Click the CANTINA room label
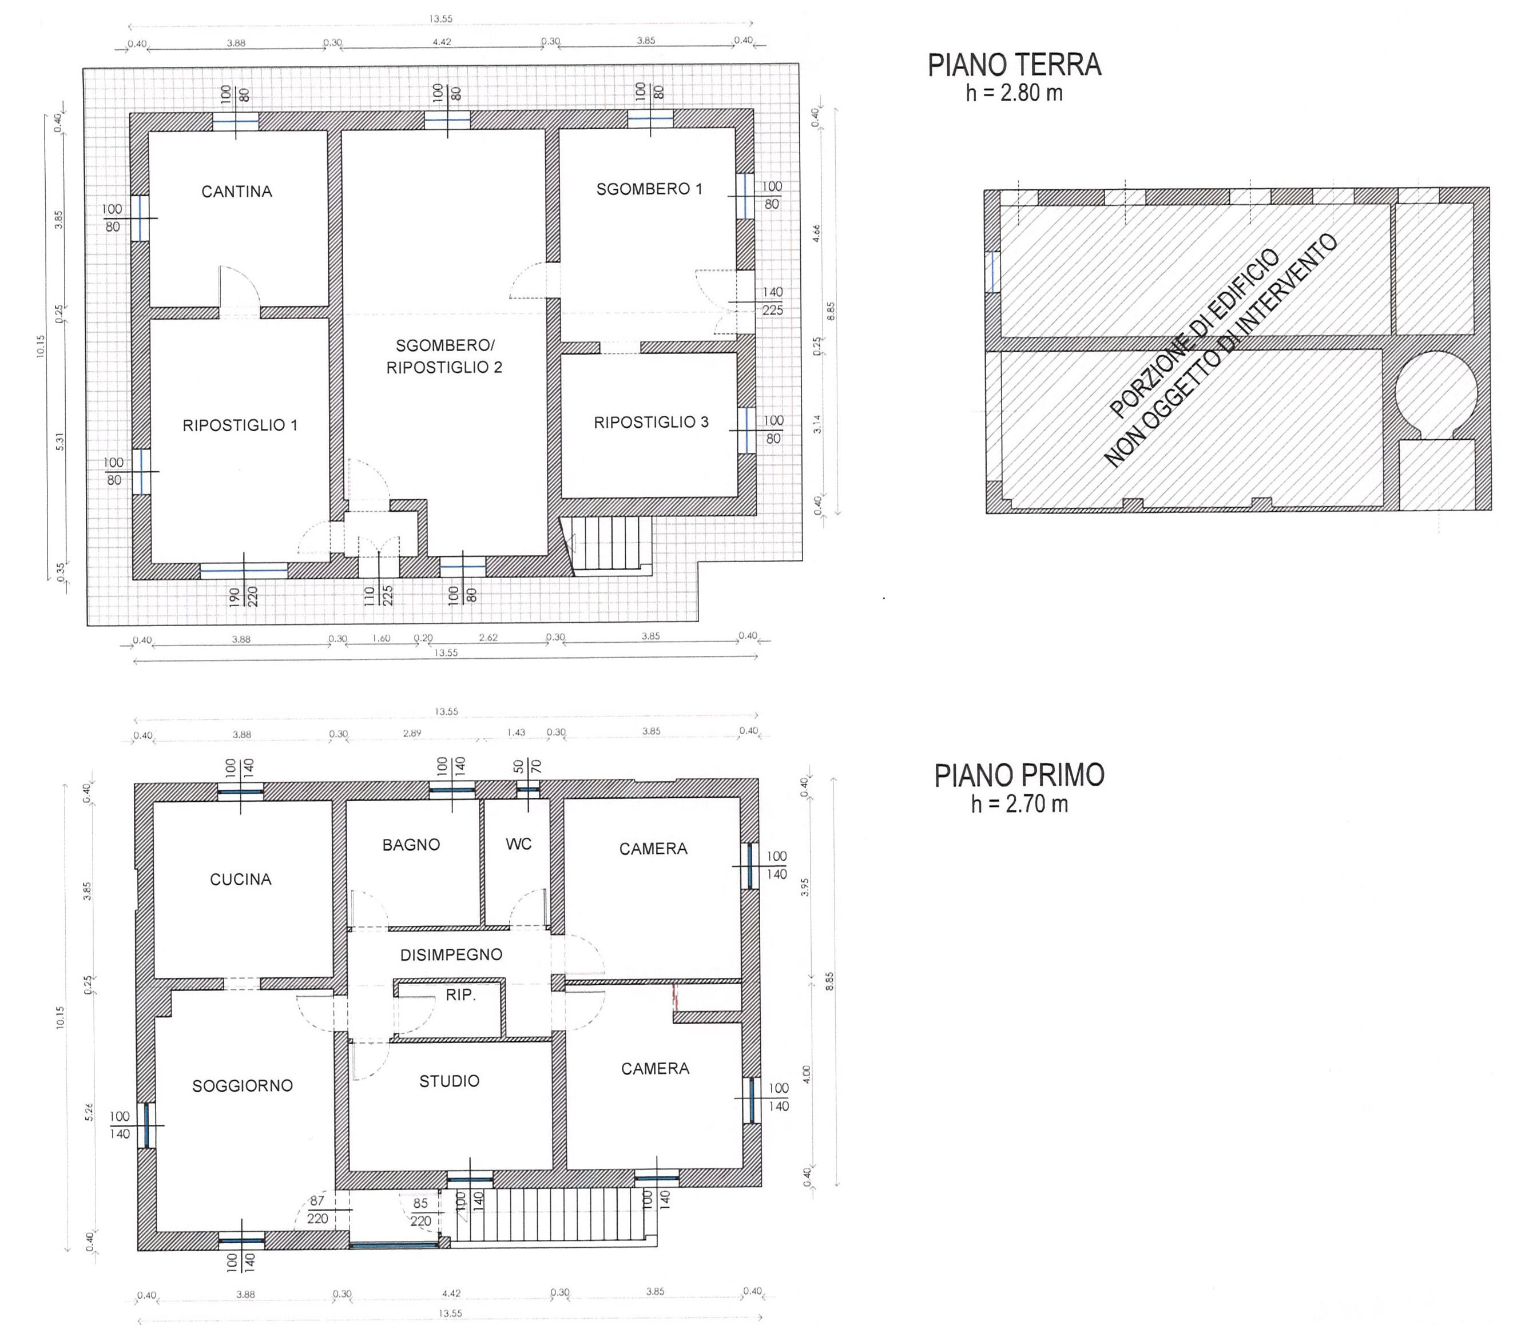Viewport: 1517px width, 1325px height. (237, 192)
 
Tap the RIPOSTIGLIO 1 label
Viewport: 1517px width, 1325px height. (240, 425)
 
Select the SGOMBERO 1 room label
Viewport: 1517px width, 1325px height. (649, 189)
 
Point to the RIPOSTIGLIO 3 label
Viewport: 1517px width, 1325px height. (651, 422)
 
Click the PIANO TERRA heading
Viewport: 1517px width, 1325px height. (1015, 65)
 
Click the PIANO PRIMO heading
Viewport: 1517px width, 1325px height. (1019, 775)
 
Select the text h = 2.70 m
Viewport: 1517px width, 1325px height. (1019, 803)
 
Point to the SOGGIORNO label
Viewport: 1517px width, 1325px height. (243, 1086)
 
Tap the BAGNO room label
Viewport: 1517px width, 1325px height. (411, 845)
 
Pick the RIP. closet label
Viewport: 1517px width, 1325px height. (460, 995)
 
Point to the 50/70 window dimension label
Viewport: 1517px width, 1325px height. (528, 766)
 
